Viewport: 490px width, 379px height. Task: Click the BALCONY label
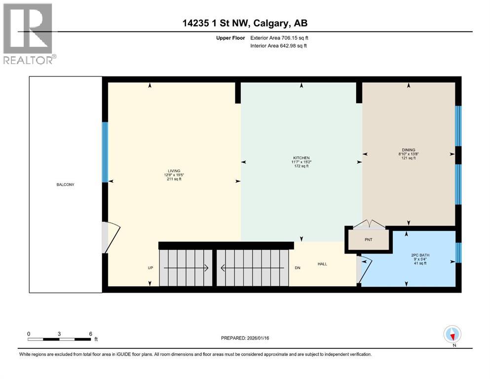66,185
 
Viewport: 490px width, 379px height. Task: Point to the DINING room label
408,150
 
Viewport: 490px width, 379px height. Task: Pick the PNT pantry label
369,239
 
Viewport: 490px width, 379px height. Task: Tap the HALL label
322,264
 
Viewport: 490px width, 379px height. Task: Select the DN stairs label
298,268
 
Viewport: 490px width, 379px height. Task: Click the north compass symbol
452,335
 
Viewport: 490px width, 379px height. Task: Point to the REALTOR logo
28,34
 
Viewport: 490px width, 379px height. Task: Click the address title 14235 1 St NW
245,23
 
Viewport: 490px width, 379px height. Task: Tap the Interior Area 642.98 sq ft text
280,46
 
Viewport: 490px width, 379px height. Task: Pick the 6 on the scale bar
89,334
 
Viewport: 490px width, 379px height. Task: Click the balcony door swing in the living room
111,237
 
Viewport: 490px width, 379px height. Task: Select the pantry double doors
369,225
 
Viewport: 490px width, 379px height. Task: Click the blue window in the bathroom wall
458,252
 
